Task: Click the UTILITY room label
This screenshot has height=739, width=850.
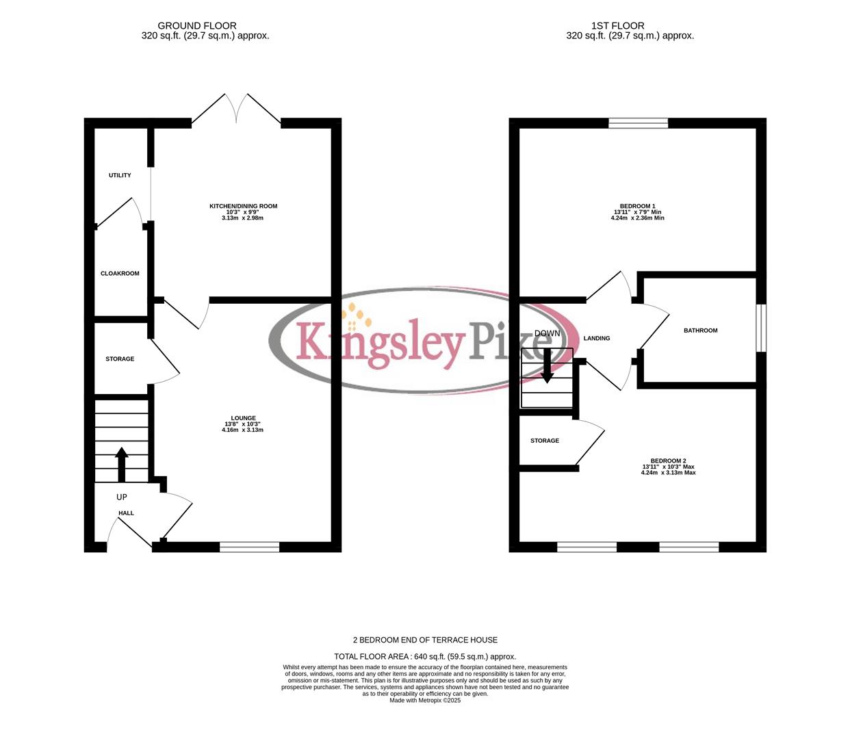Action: point(120,175)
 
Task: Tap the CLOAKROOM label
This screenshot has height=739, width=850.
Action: point(120,274)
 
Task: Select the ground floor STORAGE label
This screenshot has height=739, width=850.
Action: point(120,359)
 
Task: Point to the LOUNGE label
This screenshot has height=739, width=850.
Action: point(243,418)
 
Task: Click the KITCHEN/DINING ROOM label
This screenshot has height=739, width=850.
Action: point(243,206)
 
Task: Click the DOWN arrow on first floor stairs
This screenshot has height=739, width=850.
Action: point(547,365)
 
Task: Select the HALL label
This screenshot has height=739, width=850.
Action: point(126,513)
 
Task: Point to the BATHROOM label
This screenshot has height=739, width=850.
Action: point(701,330)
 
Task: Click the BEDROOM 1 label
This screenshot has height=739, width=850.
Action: point(637,206)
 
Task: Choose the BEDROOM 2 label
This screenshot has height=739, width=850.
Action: point(668,461)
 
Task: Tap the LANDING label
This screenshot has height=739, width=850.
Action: point(596,339)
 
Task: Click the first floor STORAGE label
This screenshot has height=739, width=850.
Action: point(545,441)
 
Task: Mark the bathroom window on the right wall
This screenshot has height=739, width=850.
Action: point(761,328)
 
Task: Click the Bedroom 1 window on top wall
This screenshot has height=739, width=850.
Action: point(638,123)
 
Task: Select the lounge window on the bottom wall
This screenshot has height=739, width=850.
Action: point(249,547)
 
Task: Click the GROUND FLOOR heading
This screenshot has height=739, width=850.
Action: point(197,26)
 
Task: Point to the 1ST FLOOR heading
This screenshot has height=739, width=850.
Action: point(618,26)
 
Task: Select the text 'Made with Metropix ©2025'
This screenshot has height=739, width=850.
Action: point(425,701)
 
